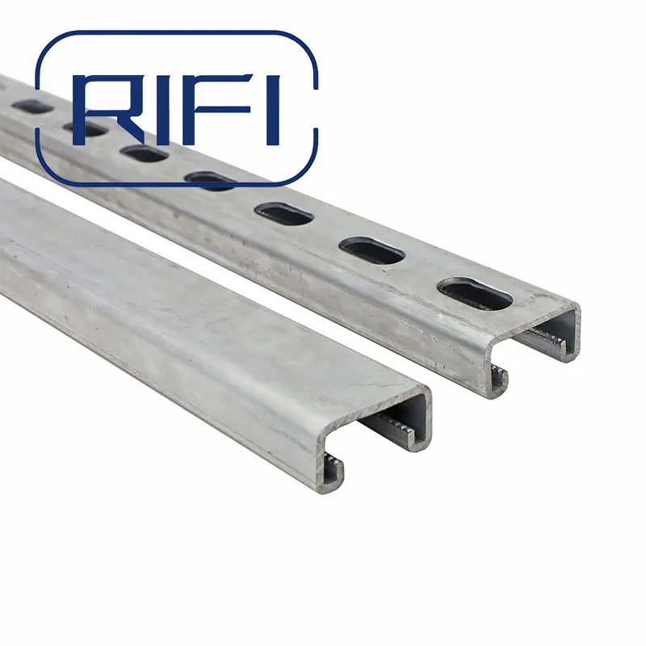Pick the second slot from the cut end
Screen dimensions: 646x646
tap(371, 250)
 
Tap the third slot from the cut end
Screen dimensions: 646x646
tap(283, 213)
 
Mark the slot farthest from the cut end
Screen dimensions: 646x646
tap(32, 106)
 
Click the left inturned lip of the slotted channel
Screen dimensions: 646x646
tap(499, 375)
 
